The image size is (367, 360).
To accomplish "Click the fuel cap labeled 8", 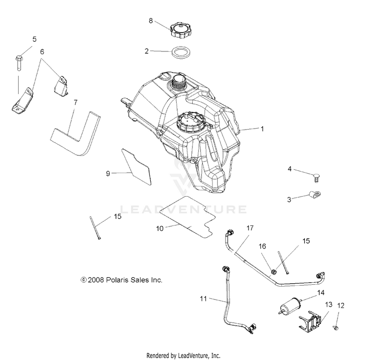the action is pyautogui.click(x=180, y=30).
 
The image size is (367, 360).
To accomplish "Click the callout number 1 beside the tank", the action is pyautogui.click(x=262, y=129).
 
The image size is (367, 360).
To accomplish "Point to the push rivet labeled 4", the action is pyautogui.click(x=317, y=178).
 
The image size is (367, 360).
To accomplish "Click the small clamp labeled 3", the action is pyautogui.click(x=314, y=194).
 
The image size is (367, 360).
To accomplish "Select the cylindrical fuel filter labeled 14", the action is pyautogui.click(x=291, y=305).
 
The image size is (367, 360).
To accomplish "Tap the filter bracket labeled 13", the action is pyautogui.click(x=310, y=320).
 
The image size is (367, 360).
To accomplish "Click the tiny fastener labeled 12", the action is pyautogui.click(x=336, y=328).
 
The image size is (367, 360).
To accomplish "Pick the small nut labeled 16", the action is pyautogui.click(x=274, y=272).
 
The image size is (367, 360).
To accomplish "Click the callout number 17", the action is pyautogui.click(x=250, y=228).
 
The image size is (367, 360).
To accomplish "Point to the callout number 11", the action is pyautogui.click(x=204, y=299).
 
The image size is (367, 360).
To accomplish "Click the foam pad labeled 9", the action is pyautogui.click(x=137, y=167).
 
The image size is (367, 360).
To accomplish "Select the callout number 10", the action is pyautogui.click(x=160, y=228).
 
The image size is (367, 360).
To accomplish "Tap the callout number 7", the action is pyautogui.click(x=75, y=102).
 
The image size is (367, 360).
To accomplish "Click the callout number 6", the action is pyautogui.click(x=42, y=52).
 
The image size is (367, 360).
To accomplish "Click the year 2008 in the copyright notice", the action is pyautogui.click(x=95, y=280).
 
